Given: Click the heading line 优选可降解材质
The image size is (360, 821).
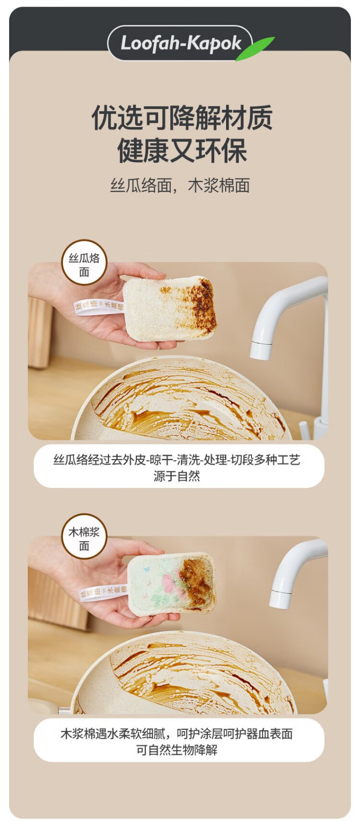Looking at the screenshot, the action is point(182,118).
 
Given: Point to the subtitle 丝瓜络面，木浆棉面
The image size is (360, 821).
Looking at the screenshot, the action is point(180,185).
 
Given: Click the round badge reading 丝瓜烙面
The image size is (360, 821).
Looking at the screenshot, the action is point(84,262).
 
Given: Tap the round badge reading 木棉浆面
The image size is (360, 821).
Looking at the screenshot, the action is point(84,536).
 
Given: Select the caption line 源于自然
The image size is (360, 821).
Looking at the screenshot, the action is point(177,476).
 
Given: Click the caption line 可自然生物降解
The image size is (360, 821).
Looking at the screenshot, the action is point(177,750).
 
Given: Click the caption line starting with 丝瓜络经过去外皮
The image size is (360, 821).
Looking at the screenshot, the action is point(177,459).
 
